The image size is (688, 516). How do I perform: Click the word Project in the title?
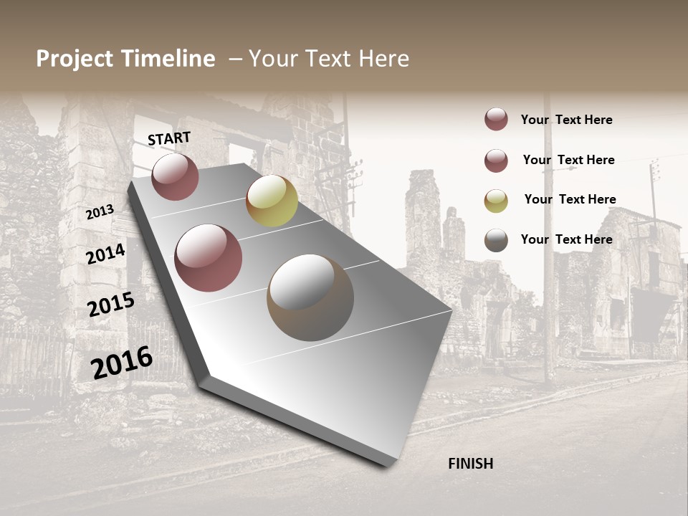(x=75, y=59)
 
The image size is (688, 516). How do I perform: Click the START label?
(x=169, y=138)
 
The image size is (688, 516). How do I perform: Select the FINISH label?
(x=471, y=464)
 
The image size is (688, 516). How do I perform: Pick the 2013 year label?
(x=100, y=212)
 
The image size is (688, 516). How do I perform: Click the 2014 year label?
(x=105, y=254)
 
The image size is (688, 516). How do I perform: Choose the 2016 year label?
(x=122, y=363)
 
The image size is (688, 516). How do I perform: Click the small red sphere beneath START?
(x=175, y=177)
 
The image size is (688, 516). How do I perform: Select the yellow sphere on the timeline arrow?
(x=272, y=201)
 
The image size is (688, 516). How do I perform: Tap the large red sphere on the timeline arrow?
(x=209, y=258)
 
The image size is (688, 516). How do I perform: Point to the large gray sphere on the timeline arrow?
(x=310, y=297)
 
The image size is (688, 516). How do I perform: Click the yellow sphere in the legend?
(x=496, y=201)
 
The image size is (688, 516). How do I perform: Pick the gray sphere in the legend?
(x=496, y=240)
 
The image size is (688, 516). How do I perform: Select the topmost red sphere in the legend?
(x=496, y=119)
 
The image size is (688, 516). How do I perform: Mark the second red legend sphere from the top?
(x=496, y=161)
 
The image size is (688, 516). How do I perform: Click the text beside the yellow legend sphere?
(x=570, y=199)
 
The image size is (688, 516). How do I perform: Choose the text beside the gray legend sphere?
(x=566, y=239)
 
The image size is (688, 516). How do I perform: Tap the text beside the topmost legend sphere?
(x=566, y=120)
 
